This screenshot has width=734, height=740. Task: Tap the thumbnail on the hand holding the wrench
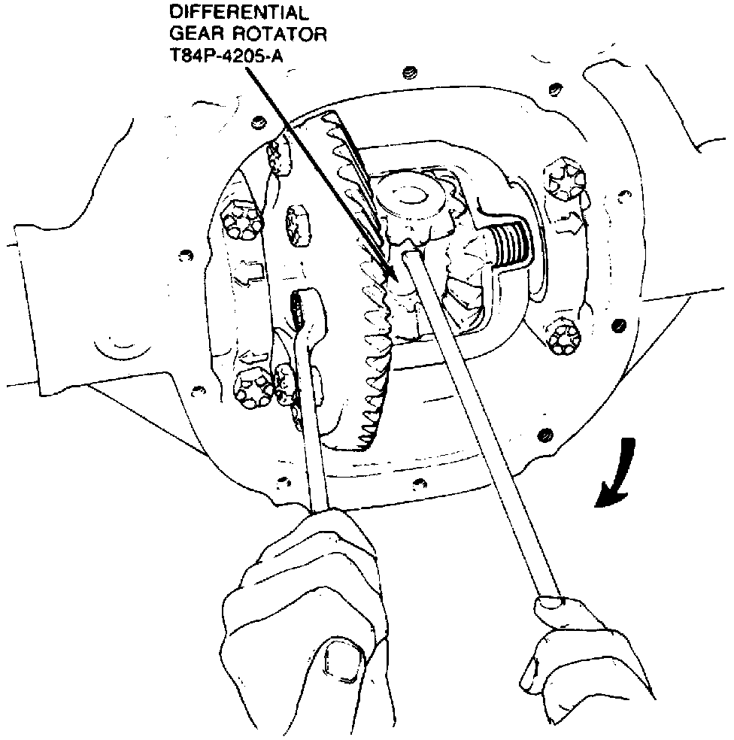342,662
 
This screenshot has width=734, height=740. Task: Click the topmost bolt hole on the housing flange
408,73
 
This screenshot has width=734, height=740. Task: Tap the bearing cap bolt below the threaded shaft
562,339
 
